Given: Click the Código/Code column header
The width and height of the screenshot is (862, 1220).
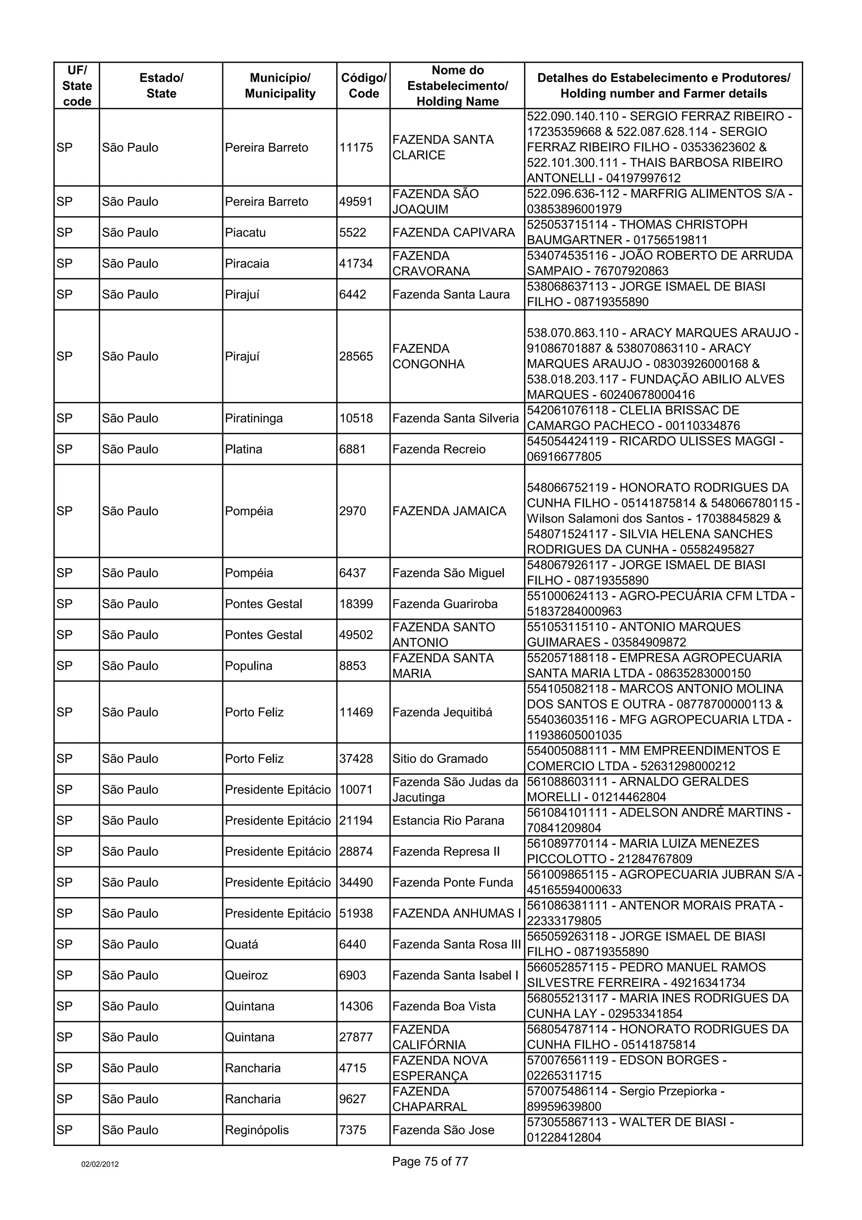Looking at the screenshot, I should point(363,85).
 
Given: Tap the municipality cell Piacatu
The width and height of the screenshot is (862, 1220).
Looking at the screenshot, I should point(245,233).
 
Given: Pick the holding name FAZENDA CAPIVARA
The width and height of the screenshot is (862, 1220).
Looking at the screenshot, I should point(454,233).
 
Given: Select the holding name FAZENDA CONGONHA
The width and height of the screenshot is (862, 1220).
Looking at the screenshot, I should point(428,357).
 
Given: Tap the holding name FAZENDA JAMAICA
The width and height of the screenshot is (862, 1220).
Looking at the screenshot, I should point(450,511).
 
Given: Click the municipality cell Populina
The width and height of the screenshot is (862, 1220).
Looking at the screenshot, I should point(249,666).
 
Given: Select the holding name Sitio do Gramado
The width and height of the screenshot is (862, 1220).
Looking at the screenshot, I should point(440,759).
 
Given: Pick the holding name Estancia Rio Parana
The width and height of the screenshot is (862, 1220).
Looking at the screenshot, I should point(448,821).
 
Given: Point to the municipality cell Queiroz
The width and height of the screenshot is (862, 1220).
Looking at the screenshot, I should point(247,975).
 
